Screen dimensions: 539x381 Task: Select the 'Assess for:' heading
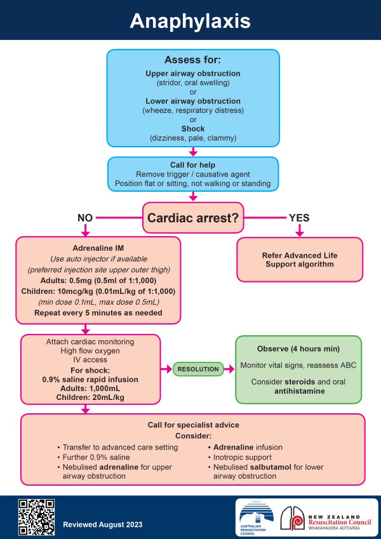(192, 60)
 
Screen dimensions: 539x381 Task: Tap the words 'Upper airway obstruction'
(192, 74)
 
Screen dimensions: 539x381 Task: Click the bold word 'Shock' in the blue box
(192, 129)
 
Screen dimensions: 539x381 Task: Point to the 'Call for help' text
(192, 165)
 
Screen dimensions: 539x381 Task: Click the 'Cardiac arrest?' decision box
(192, 218)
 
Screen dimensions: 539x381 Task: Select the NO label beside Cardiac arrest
(86, 217)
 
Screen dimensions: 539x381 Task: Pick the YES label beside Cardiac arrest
(299, 217)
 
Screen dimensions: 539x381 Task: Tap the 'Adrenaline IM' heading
(97, 248)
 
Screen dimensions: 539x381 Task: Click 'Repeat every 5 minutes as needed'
(97, 313)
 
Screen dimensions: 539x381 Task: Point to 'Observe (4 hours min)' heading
(298, 349)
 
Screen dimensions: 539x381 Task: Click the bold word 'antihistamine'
(298, 392)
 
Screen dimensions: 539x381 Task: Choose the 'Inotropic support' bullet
(246, 456)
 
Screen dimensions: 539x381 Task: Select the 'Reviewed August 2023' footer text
(102, 524)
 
